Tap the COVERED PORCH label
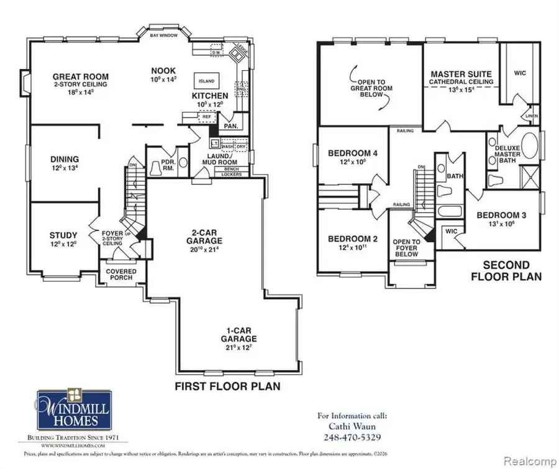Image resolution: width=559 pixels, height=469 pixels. (121, 274)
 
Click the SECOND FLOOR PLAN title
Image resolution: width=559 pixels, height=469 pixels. (506, 270)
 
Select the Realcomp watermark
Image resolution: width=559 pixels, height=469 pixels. (534, 462)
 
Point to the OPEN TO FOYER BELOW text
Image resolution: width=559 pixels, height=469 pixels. (407, 248)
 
